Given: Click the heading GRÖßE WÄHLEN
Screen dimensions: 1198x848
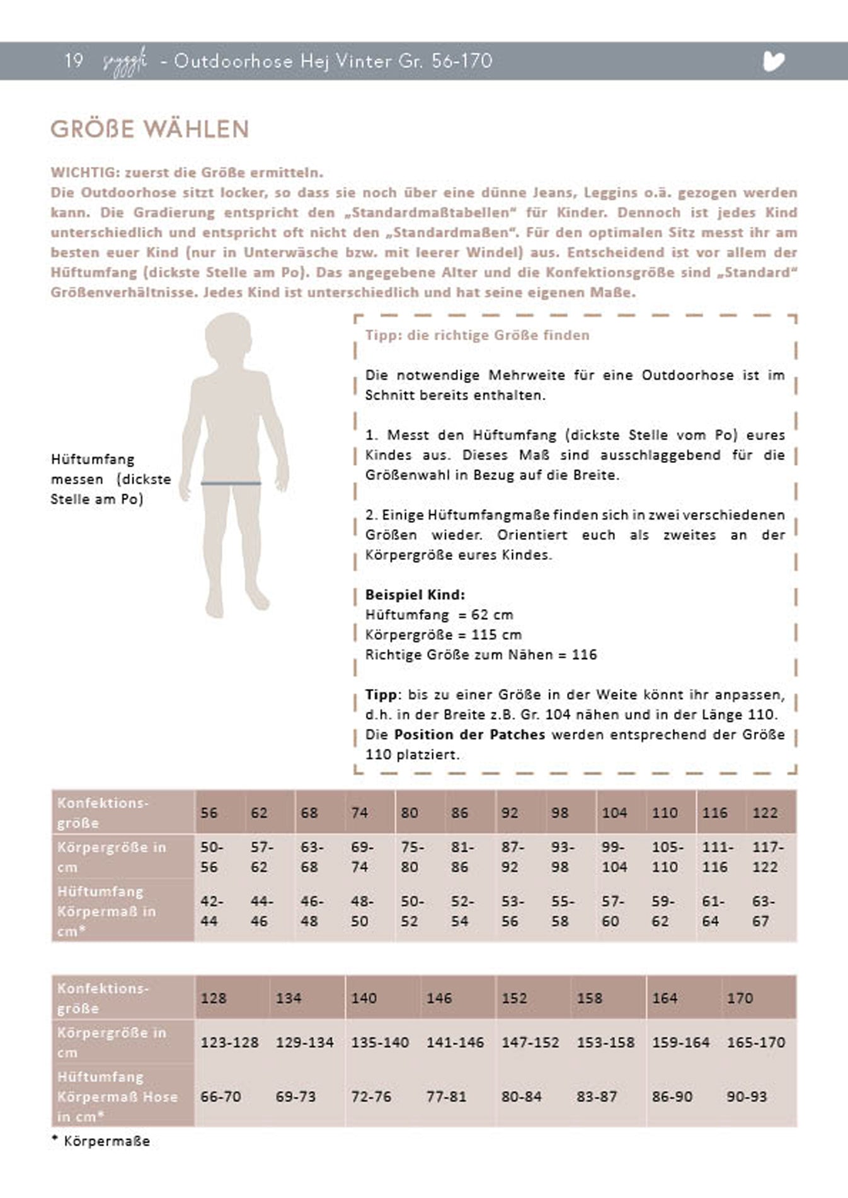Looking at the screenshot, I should [150, 129].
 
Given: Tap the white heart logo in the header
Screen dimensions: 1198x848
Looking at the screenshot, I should [773, 61].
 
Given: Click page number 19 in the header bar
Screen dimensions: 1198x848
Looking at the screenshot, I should [74, 60].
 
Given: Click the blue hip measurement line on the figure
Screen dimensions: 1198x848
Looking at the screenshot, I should [231, 483].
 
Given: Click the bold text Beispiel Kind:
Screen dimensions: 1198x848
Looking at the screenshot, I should [415, 595].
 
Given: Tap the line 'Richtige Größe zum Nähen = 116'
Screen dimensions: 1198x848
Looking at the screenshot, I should [481, 654].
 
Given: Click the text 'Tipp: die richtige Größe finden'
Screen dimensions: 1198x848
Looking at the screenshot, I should [477, 335].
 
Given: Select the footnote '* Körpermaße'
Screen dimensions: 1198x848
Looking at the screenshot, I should [101, 1141].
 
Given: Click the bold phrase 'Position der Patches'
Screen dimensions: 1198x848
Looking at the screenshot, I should [469, 734].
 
